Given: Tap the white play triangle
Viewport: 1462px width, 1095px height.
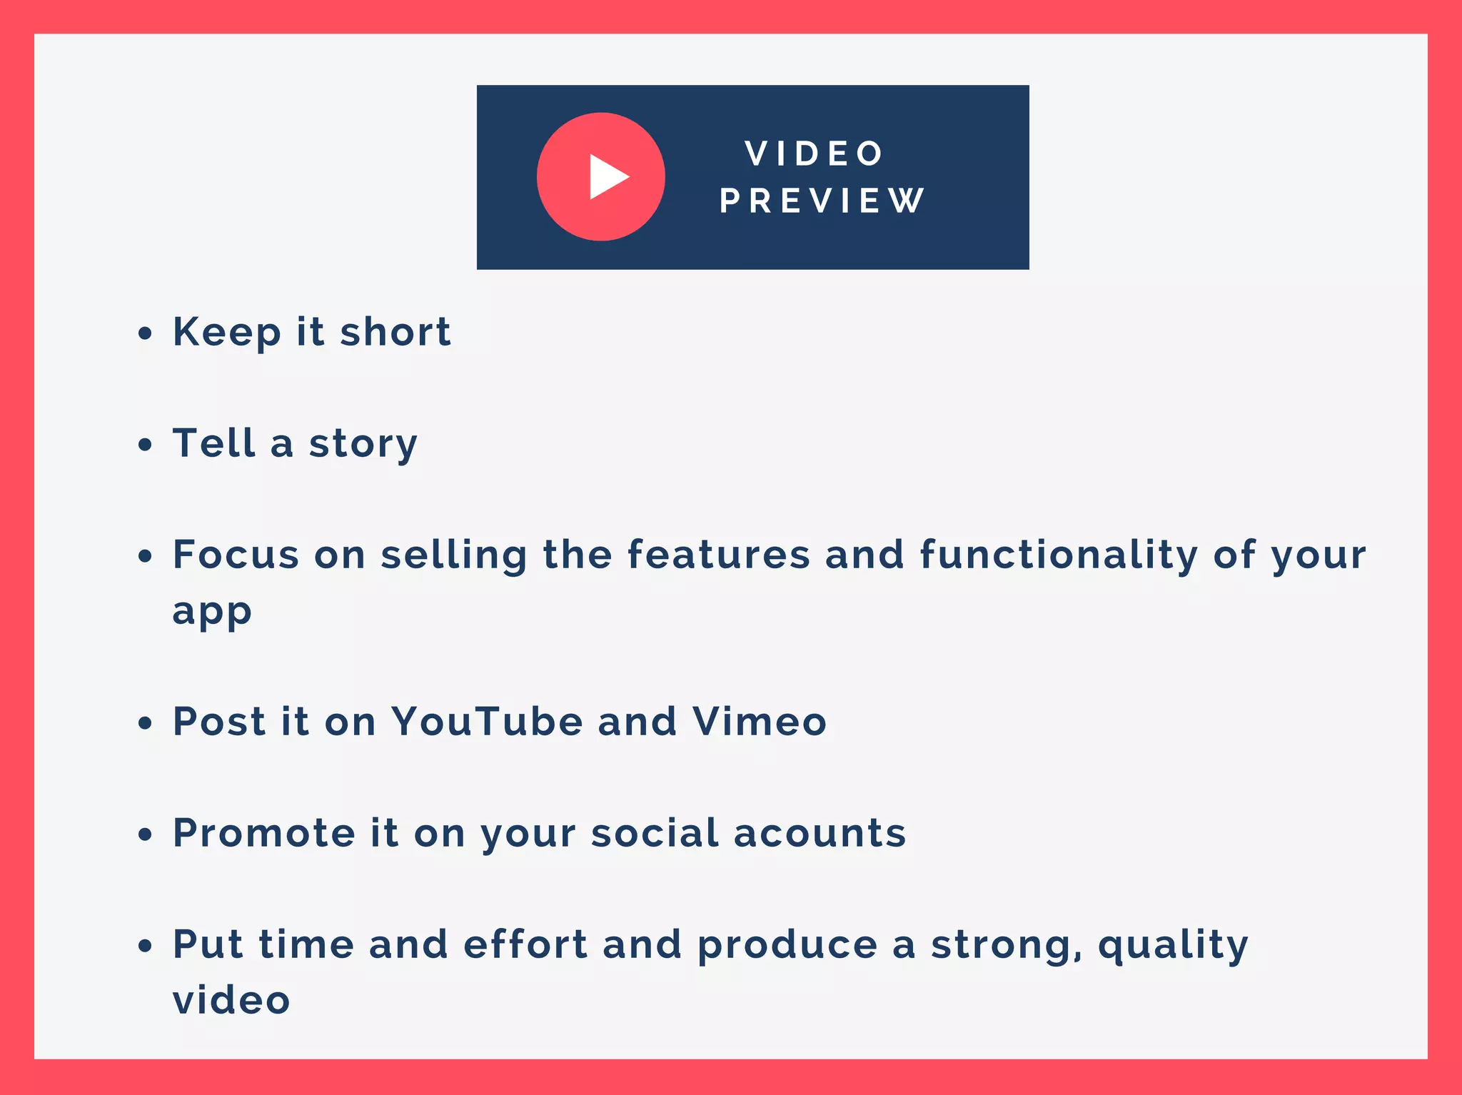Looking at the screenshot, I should pos(608,177).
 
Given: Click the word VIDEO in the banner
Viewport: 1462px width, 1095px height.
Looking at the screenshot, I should pos(815,153).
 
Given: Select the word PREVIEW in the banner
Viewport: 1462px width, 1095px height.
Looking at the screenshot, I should pos(822,201).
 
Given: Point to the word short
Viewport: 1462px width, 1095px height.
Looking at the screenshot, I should pos(395,332).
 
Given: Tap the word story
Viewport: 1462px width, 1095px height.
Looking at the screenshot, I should pos(363,444).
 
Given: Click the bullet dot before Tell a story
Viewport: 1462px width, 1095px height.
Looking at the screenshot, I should pos(146,445).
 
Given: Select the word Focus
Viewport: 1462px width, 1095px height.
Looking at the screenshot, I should pos(236,555).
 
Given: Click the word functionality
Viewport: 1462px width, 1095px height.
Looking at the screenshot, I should pos(1059,555).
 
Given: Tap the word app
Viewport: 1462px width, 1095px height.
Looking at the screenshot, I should pos(212,612).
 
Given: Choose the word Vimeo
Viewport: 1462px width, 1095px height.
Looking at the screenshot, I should pos(760,721).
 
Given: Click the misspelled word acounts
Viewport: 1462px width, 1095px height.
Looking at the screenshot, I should pos(820,833).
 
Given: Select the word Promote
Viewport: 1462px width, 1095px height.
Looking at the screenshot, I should pos(264,833).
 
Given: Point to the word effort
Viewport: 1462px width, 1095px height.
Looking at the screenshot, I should pos(525,944).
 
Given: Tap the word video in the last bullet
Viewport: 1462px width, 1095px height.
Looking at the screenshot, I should pos(231,999).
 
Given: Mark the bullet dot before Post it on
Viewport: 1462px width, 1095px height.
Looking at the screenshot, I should pos(146,722).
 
